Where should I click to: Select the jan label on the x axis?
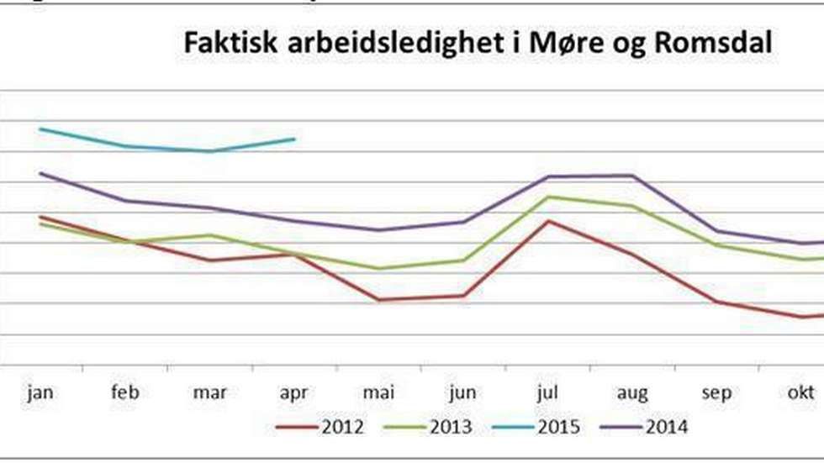[40, 392]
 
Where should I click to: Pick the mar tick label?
[209, 392]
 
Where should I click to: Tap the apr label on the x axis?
[293, 393]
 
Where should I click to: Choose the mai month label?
[378, 392]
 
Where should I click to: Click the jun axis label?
[462, 393]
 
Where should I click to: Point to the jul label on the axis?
[548, 392]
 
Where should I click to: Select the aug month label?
[632, 393]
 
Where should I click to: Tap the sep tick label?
[717, 393]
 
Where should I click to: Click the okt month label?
[801, 392]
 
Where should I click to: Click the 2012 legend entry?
[343, 428]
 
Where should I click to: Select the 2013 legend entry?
[451, 428]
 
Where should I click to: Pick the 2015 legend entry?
[559, 428]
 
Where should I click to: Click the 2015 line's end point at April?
[294, 139]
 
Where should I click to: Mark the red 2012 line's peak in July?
[548, 221]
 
